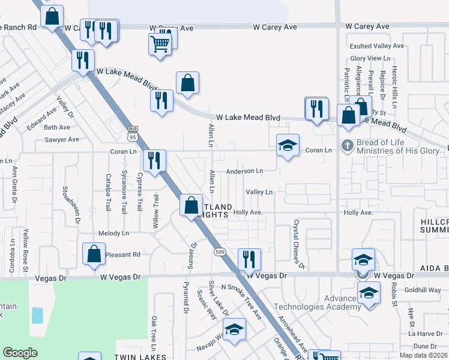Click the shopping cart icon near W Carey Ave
(x=159, y=44)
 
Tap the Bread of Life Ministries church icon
(x=347, y=145)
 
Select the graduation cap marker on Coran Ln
(x=288, y=145)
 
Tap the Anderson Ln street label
(x=244, y=171)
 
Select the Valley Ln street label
(x=259, y=192)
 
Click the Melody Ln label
(x=113, y=233)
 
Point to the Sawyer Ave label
(x=61, y=139)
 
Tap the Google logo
(x=20, y=353)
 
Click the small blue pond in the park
(x=37, y=315)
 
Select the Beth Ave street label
(x=57, y=127)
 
